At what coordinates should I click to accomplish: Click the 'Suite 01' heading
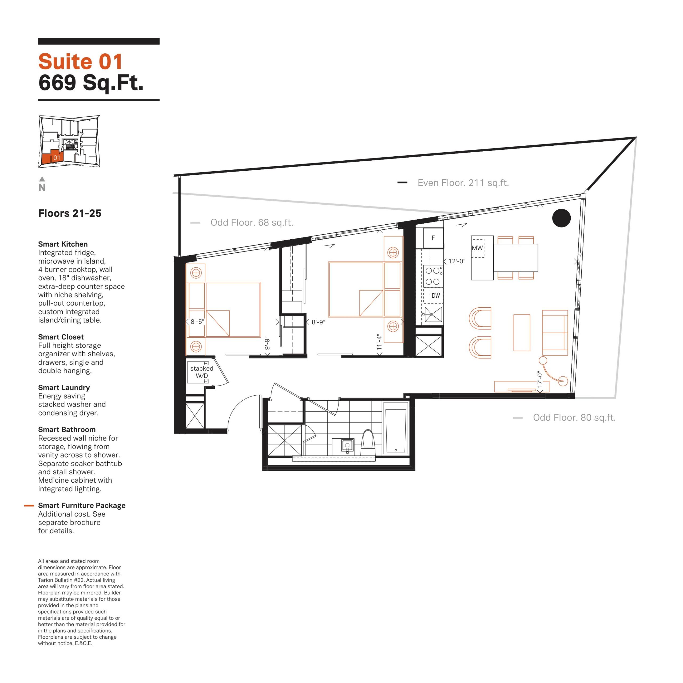[x=80, y=62]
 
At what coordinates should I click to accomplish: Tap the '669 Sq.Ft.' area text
[x=91, y=83]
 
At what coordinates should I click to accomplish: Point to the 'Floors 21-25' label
[x=70, y=213]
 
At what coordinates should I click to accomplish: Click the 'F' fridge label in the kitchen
[x=433, y=238]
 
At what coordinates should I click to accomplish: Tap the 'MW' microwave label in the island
[x=477, y=248]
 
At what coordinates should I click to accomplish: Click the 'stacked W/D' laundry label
[x=202, y=372]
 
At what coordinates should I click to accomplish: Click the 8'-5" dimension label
[x=197, y=322]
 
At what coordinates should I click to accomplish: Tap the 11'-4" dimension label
[x=379, y=342]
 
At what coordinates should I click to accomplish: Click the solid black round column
[x=561, y=218]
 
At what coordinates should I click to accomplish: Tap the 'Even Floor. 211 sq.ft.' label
[x=463, y=183]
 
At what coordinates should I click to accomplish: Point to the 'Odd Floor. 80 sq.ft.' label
[x=574, y=418]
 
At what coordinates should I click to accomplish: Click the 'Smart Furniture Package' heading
[x=82, y=506]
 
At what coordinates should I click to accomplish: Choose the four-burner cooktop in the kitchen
[x=433, y=276]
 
